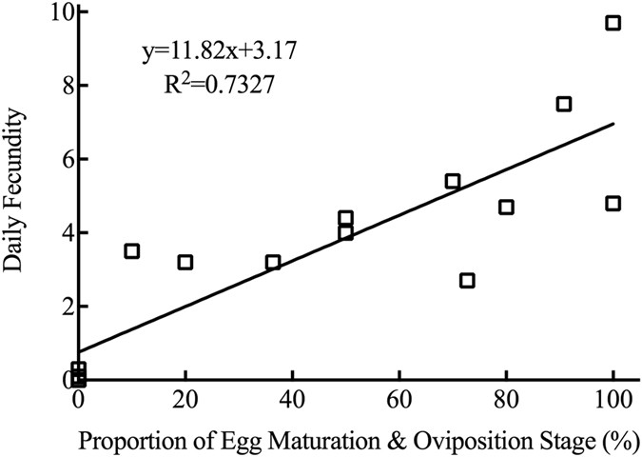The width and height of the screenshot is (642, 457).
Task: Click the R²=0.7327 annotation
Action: click(x=211, y=85)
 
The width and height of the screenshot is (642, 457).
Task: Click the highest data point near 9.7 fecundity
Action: click(x=613, y=23)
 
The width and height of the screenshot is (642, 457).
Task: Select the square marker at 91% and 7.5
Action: click(x=564, y=104)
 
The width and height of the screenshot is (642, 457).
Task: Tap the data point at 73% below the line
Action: click(x=467, y=281)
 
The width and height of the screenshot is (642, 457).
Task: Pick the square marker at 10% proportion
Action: click(x=131, y=251)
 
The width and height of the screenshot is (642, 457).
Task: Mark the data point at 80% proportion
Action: click(x=506, y=207)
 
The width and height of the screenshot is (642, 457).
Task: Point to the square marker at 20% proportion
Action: click(x=185, y=262)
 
